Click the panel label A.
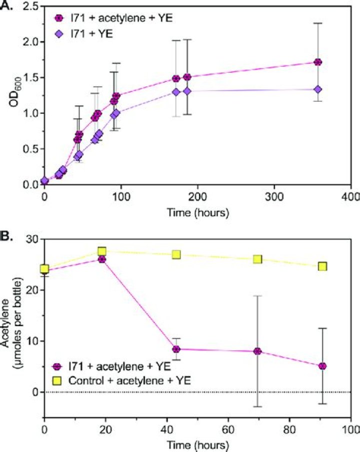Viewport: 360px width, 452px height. (6, 6)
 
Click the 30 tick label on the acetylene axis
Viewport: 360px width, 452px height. (33, 240)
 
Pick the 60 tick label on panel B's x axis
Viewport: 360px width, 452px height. (228, 430)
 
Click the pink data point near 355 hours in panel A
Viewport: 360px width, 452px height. (317, 62)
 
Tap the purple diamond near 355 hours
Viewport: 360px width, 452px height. (317, 89)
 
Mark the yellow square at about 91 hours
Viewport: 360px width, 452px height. (322, 266)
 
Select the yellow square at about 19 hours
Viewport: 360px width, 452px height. (101, 251)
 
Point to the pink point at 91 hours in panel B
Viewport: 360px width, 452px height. (322, 366)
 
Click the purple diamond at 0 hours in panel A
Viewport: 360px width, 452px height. (44, 181)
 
